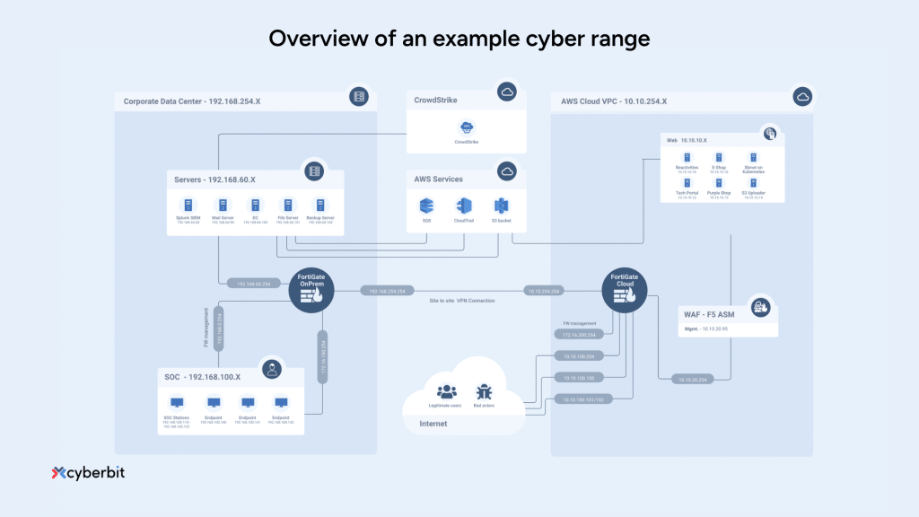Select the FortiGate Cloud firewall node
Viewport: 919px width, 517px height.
[x=625, y=290]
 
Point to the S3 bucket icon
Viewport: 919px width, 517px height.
[x=500, y=206]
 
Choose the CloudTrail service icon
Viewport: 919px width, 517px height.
[x=463, y=206]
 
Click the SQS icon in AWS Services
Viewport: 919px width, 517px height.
[x=427, y=206]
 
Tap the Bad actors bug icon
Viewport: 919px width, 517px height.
[x=484, y=391]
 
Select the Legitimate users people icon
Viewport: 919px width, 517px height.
[x=446, y=391]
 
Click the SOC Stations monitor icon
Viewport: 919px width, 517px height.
[x=177, y=403]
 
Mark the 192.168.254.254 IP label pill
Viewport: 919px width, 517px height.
[x=388, y=291]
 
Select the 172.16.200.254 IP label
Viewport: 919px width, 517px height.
[x=580, y=334]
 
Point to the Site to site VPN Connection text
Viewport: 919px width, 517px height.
[x=461, y=301]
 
